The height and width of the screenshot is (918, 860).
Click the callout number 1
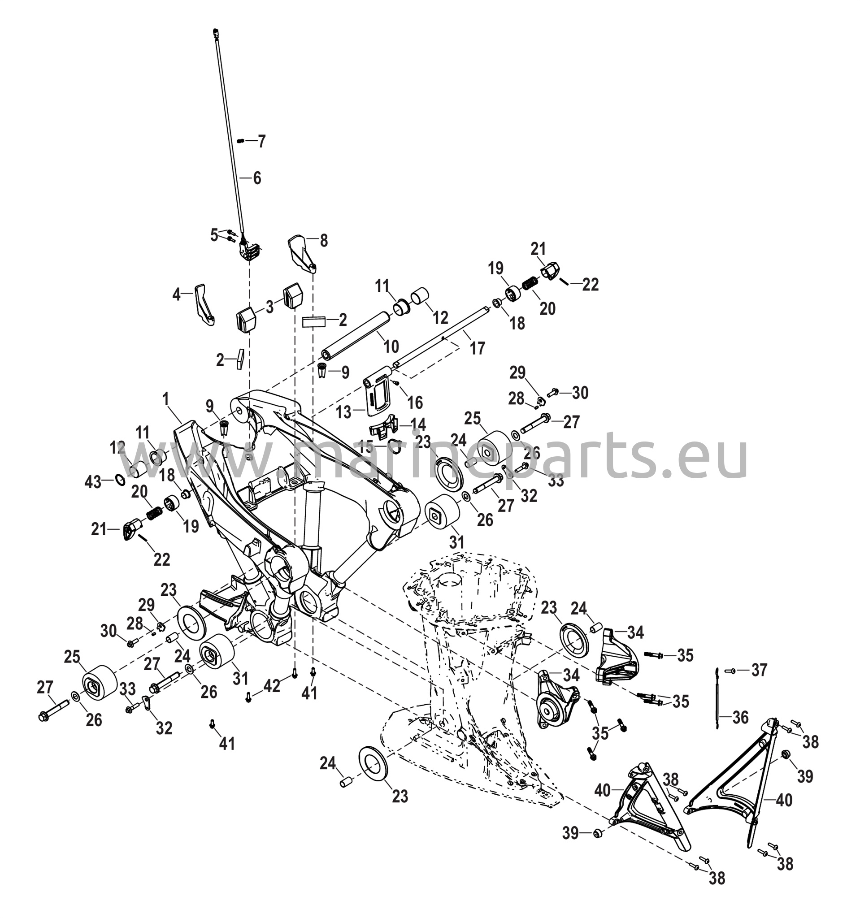coord(166,399)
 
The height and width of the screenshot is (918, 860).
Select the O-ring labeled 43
coord(119,480)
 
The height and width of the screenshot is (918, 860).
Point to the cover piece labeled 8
coord(303,254)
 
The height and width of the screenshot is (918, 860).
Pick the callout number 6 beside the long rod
coord(257,178)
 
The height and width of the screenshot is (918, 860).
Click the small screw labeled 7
coord(240,141)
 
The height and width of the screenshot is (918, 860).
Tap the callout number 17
coord(478,348)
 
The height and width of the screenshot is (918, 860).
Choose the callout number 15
coord(366,446)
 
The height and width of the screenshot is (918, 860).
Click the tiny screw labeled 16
coord(396,383)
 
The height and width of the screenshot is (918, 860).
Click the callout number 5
coord(214,235)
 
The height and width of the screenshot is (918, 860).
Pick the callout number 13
coord(344,412)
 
